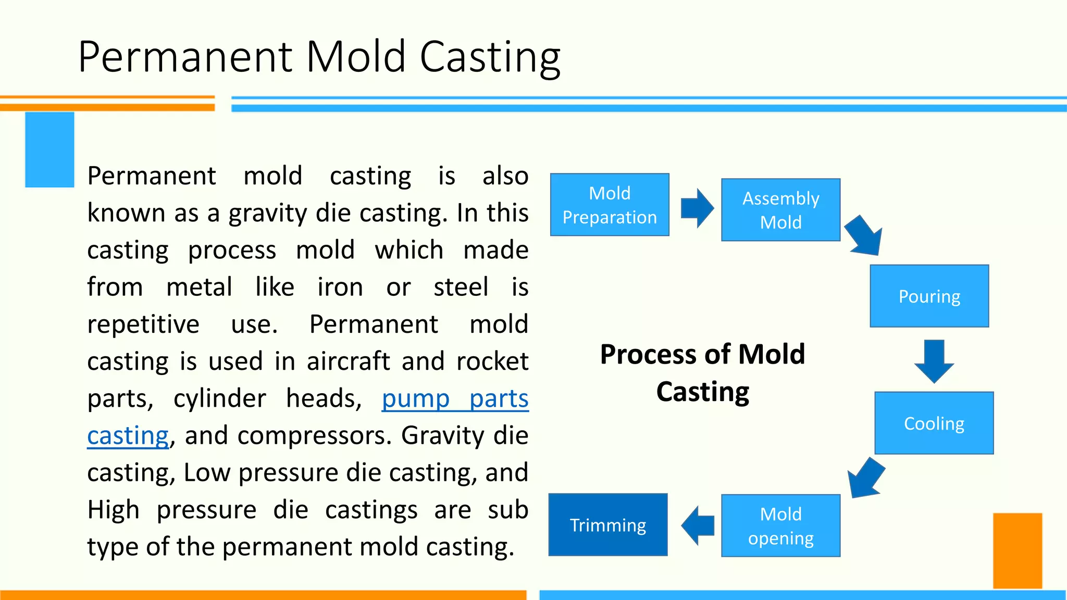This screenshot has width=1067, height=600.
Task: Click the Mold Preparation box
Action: tap(610, 205)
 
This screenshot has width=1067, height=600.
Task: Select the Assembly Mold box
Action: tap(780, 210)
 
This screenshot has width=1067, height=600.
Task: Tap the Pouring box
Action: tap(929, 296)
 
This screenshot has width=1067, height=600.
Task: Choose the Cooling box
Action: tap(934, 423)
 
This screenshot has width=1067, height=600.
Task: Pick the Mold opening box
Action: tap(780, 526)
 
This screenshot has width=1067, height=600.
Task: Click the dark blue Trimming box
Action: tap(608, 524)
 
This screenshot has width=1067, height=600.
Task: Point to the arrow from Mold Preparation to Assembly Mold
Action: tap(697, 208)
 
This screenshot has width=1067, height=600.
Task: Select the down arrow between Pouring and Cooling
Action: tap(934, 361)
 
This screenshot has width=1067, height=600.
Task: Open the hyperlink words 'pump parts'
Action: tap(455, 399)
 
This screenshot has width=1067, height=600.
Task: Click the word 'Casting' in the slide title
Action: tap(490, 57)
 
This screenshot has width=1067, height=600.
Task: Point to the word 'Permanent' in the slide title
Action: tap(185, 57)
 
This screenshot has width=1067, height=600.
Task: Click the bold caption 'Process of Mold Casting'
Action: tap(702, 373)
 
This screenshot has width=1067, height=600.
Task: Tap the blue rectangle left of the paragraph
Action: tap(49, 149)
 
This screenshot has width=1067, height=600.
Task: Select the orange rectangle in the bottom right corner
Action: tap(1017, 551)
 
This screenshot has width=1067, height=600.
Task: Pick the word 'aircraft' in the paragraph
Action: tap(349, 361)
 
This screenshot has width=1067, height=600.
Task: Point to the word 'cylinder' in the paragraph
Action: tap(219, 399)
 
